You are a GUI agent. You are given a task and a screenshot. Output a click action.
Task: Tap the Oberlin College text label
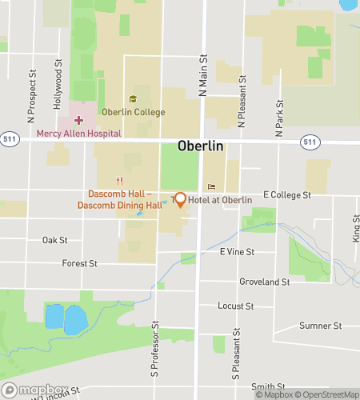(133, 112)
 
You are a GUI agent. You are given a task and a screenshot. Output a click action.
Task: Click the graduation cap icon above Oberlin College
(133, 99)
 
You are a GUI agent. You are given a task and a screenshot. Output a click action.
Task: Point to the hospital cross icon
(78, 120)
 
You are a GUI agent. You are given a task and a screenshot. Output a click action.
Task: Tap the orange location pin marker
(181, 199)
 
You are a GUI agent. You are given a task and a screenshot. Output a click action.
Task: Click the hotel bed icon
(212, 187)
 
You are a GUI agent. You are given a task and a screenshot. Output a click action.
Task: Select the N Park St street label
(280, 118)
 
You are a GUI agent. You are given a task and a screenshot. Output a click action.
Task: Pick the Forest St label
(80, 262)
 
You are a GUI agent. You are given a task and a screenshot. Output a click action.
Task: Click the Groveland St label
(264, 282)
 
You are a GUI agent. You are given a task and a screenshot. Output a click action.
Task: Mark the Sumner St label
(320, 326)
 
